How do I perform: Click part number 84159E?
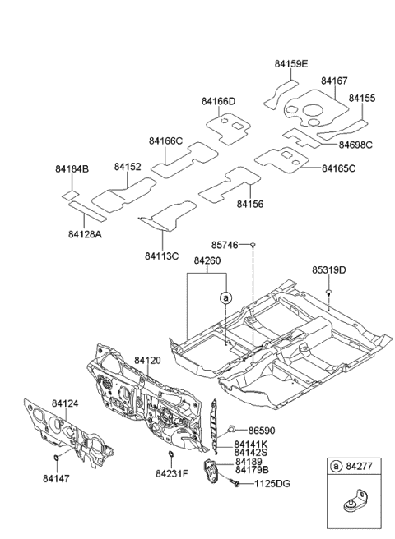pyautogui.click(x=292, y=63)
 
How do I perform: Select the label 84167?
pyautogui.click(x=334, y=81)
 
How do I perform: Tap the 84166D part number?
pyautogui.click(x=218, y=101)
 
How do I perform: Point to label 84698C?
pyautogui.click(x=355, y=145)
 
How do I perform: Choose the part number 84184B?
pyautogui.click(x=72, y=168)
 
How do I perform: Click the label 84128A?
pyautogui.click(x=85, y=234)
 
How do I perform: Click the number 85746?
pyautogui.click(x=223, y=245)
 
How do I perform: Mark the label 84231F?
pyautogui.click(x=172, y=474)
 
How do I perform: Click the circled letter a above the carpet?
pyautogui.click(x=225, y=297)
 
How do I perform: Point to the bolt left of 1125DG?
pyautogui.click(x=237, y=484)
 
